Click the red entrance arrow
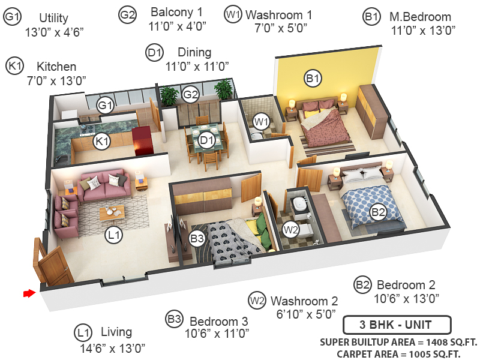pos(28,293)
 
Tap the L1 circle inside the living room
pos(114,236)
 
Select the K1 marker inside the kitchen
pos(102,142)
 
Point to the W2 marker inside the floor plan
pos(290,229)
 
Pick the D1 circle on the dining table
pos(207,141)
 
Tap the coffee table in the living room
pos(112,211)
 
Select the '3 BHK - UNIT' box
pos(396,326)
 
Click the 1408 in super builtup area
pos(425,343)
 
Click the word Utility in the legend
pos(53,18)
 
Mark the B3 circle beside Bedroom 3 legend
pos(174,320)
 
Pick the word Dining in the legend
pos(194,53)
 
